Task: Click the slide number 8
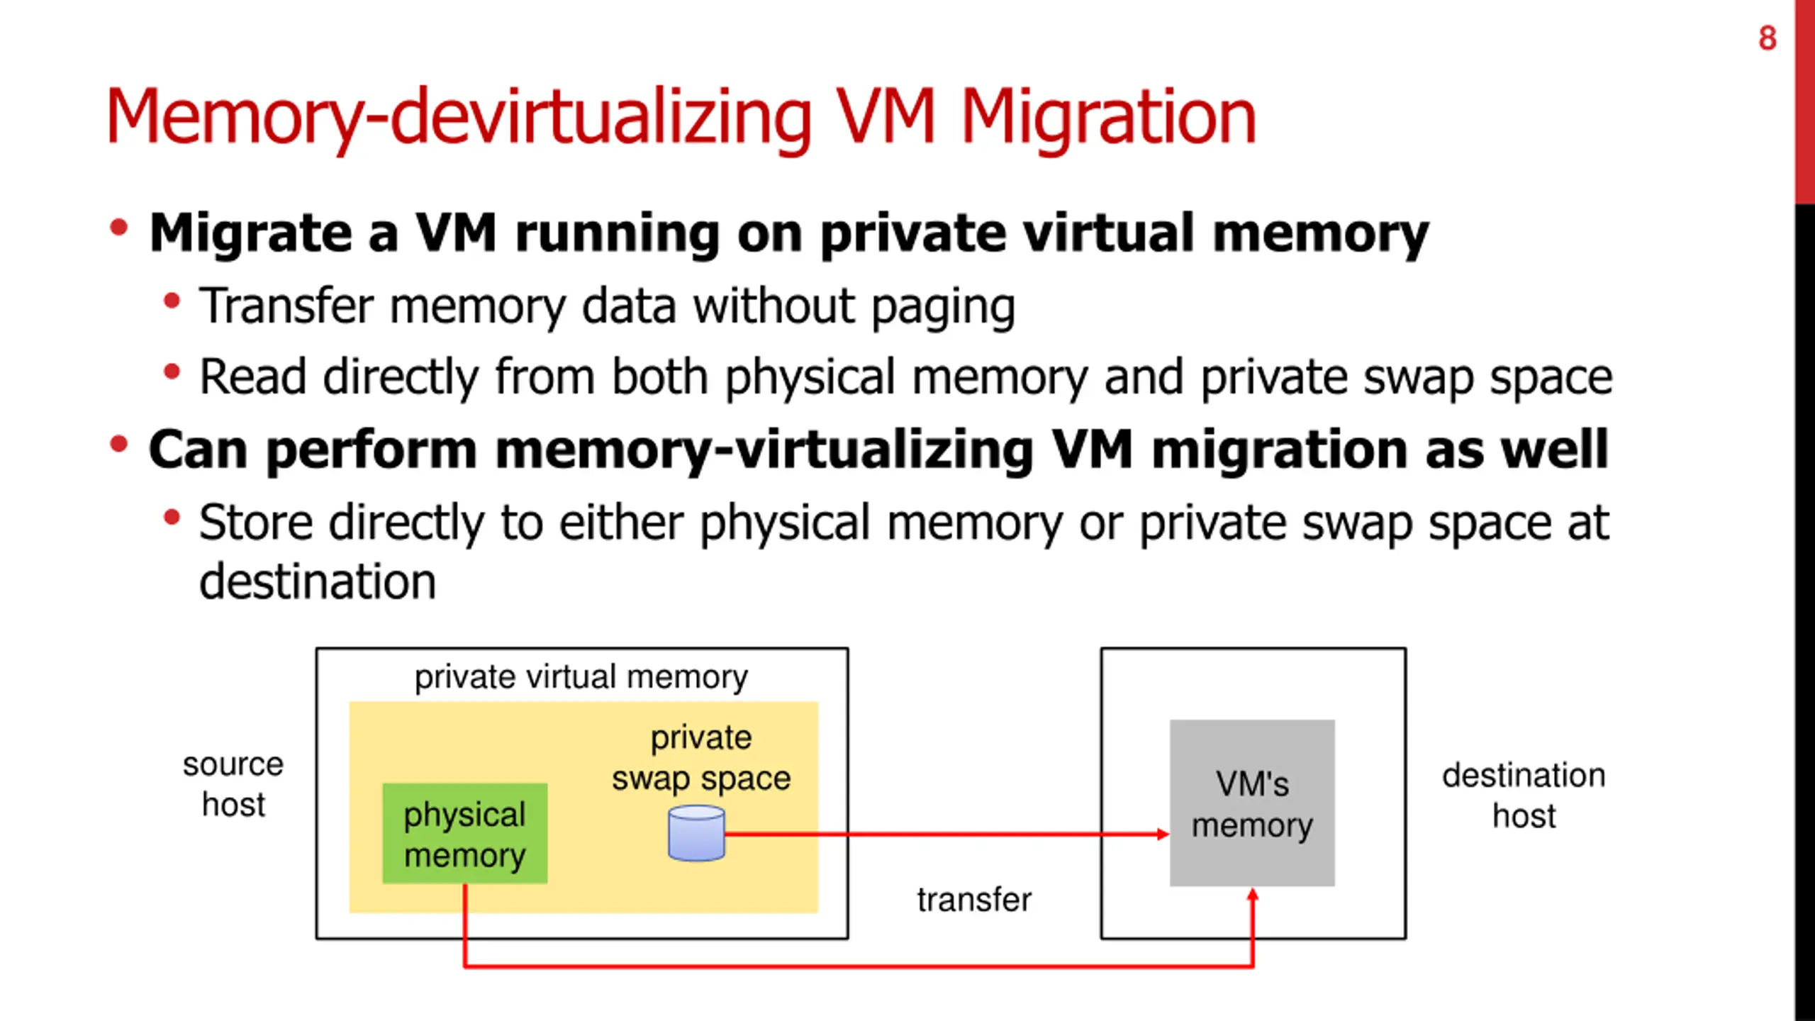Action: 1767,38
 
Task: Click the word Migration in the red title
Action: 1107,118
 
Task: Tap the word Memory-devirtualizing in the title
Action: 458,118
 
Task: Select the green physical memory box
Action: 464,834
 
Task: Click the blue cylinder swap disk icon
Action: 696,834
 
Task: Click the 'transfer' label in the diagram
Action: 974,900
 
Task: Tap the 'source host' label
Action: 233,784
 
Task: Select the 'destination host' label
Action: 1524,795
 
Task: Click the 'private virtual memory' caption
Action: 581,677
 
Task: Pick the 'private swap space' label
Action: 701,758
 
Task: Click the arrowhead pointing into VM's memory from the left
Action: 1163,834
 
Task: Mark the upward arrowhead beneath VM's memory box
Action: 1253,896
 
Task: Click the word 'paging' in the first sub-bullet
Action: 943,306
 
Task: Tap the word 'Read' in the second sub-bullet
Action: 252,377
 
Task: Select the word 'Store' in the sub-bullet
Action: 256,523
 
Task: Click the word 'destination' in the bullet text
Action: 317,581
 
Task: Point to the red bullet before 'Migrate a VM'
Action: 118,228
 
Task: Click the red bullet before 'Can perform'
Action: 118,445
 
